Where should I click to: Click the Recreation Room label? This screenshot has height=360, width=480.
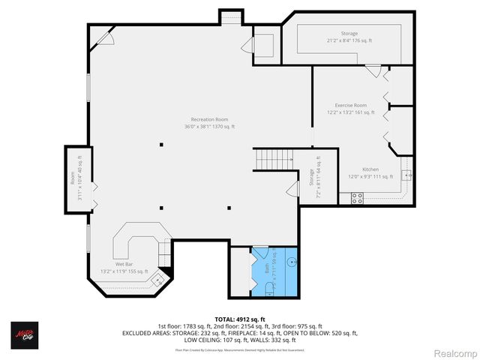coord(209,123)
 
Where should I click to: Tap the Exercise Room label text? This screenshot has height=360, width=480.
coord(350,109)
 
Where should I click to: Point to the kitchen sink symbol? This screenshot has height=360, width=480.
coord(407,175)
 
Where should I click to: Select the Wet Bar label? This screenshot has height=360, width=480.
coord(124,268)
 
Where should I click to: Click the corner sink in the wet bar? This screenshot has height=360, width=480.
coord(158,280)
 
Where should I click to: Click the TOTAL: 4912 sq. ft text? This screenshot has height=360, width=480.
coord(240,318)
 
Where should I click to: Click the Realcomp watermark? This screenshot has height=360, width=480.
coord(452,352)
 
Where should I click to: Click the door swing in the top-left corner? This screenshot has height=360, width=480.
coord(103,38)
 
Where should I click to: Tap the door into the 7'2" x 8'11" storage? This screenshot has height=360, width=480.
coord(289,189)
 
